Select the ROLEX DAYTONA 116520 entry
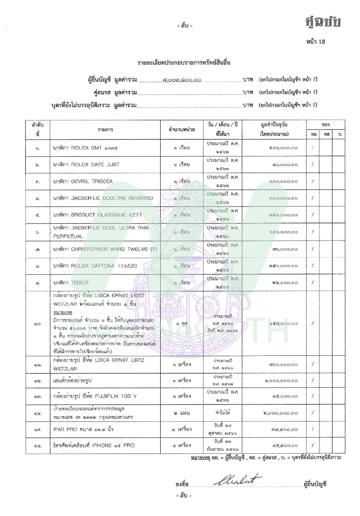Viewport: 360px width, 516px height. coord(96,266)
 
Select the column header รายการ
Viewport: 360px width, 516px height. coord(106,130)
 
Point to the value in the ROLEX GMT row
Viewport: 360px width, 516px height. coord(276,148)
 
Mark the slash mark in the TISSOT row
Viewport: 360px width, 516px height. coord(312,283)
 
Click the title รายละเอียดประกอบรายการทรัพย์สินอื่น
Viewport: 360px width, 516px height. coord(180,63)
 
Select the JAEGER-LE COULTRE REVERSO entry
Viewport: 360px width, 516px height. coord(103,198)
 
